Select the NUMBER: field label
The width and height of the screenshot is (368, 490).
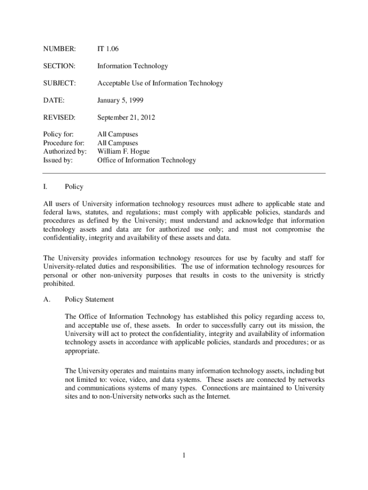59,49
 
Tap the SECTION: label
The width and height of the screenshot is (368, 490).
59,66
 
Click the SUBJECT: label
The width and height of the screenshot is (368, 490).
59,83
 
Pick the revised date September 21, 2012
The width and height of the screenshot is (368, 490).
126,118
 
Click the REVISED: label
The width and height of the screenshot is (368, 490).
59,118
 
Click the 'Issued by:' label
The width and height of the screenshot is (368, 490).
58,160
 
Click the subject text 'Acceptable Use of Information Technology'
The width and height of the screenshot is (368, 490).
160,83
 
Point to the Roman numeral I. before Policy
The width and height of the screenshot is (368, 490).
45,187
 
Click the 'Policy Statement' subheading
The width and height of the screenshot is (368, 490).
89,300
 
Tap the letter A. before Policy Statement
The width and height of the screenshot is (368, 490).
46,300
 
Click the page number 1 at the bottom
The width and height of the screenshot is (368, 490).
184,455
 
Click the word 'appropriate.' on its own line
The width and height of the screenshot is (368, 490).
82,351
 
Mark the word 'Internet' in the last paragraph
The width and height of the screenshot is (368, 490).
219,397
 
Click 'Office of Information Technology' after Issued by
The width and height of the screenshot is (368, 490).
147,160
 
